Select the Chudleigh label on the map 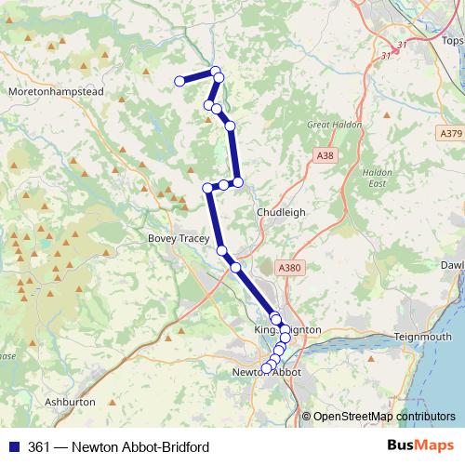pos(281,212)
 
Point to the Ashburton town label pos(70,403)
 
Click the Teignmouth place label pos(422,336)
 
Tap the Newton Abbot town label pos(265,374)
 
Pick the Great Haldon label pos(332,124)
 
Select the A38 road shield pos(324,154)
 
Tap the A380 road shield pos(290,268)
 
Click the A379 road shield pos(450,134)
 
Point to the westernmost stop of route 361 pos(179,81)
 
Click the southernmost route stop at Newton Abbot pos(266,368)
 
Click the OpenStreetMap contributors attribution pos(384,416)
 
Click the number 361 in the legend pos(38,447)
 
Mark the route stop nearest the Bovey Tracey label pos(221,250)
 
